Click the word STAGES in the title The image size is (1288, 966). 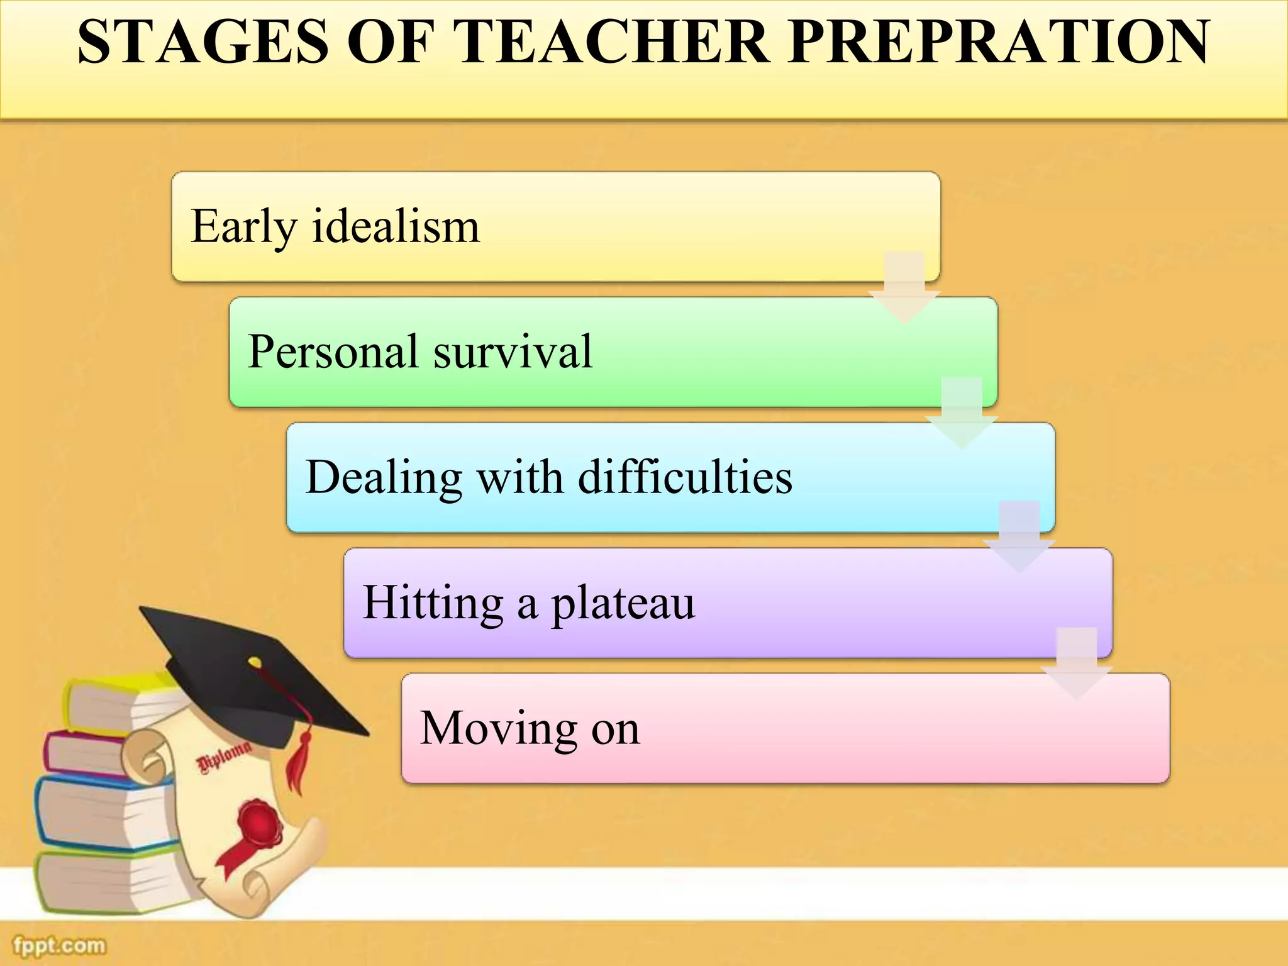click(203, 43)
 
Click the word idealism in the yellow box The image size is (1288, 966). click(396, 226)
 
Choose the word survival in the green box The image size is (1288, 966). click(513, 352)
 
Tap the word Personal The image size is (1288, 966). click(333, 352)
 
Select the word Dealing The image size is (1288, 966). click(383, 478)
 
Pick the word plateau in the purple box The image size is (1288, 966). click(623, 604)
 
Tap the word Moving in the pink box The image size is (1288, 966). click(497, 729)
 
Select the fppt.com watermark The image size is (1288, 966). click(60, 945)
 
